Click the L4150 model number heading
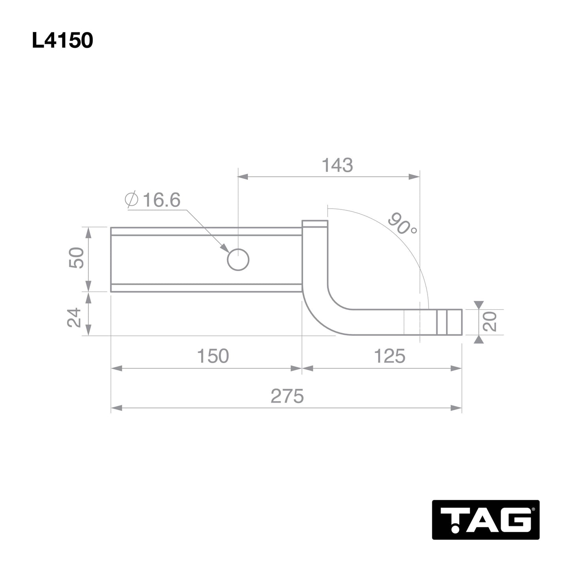point(62,41)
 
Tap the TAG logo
point(486,520)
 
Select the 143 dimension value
point(337,165)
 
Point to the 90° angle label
point(402,224)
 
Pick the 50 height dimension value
point(76,258)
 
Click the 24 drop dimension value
point(74,317)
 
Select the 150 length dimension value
point(213,356)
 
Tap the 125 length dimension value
point(389,356)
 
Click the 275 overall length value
point(287,396)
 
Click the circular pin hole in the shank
point(238,260)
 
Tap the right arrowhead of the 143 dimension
point(415,177)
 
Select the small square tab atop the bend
point(315,224)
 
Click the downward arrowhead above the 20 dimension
point(479,305)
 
